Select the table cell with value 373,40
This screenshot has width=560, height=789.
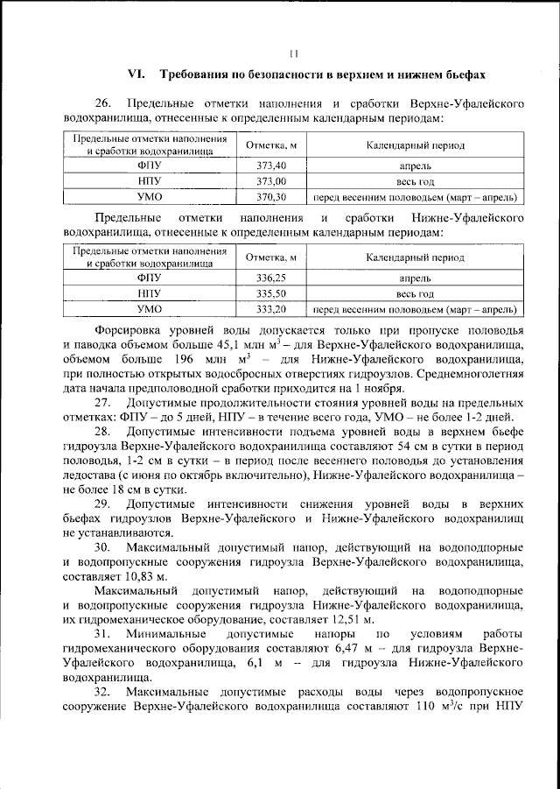(x=271, y=165)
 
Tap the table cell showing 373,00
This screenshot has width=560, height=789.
(x=271, y=180)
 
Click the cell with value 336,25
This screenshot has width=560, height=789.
(x=271, y=278)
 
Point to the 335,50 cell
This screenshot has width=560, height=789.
(x=271, y=293)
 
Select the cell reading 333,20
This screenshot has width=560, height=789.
(x=271, y=309)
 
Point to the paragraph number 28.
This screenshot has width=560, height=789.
(x=101, y=433)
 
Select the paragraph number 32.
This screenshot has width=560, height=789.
(x=101, y=693)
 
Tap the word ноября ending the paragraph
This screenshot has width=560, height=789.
(x=385, y=388)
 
